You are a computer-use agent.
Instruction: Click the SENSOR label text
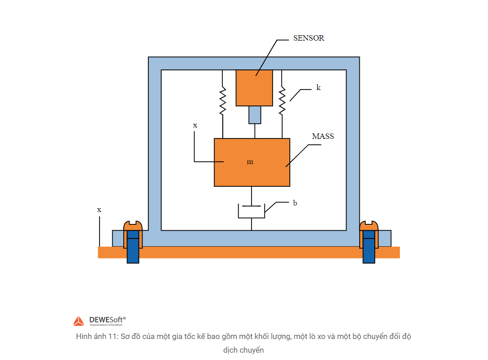309,38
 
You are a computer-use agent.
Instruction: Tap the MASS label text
323,136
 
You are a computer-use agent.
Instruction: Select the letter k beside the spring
318,88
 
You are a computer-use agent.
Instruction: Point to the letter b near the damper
295,203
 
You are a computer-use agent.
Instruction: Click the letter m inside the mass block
250,162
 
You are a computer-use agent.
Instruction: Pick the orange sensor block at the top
254,88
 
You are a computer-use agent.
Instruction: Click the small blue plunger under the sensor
255,115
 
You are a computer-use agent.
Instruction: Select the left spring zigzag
223,101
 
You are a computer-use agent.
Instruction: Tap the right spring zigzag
282,101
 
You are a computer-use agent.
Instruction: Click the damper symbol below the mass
252,211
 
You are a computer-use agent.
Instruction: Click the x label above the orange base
99,210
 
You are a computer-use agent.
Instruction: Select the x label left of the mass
195,125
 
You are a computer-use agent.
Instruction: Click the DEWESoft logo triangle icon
79,321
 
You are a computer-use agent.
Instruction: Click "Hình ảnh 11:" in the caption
96,337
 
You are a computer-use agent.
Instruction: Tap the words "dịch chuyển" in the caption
244,350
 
